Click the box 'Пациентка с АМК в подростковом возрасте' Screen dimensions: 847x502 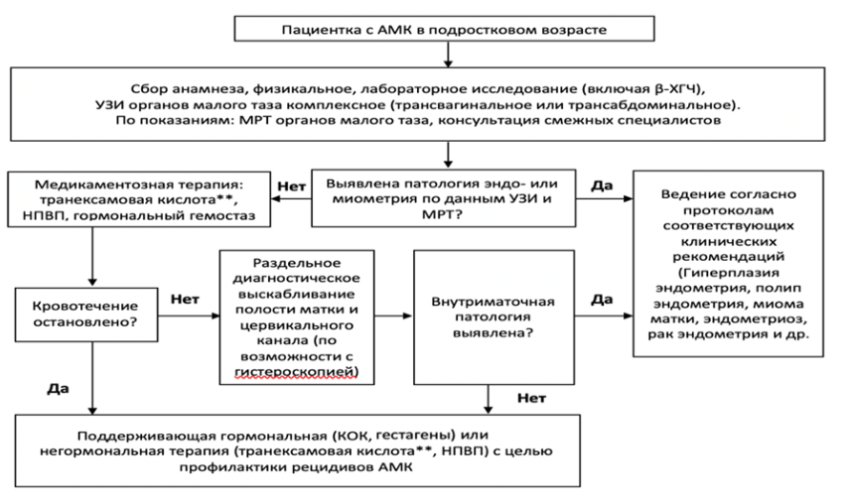coord(444,29)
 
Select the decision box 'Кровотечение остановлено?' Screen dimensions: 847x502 coord(86,314)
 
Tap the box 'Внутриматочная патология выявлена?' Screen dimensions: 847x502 coord(494,316)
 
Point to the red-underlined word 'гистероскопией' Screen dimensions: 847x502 coord(297,372)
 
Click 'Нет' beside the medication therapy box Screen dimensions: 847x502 coord(292,187)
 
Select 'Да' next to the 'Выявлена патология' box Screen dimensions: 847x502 coord(602,186)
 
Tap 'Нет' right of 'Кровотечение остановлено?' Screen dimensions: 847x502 coord(186,299)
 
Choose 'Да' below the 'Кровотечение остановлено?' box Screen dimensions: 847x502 coord(59,389)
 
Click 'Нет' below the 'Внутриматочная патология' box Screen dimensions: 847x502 coord(532,399)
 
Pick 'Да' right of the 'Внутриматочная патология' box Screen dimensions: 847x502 coord(602,299)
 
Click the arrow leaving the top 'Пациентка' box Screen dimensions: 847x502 coord(448,54)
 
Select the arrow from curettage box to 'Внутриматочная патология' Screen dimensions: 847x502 coord(394,315)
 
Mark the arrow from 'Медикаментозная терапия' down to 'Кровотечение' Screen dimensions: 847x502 coord(92,256)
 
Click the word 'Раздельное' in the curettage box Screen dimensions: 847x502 coord(297,263)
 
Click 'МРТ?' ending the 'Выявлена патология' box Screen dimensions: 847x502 coord(443,214)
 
